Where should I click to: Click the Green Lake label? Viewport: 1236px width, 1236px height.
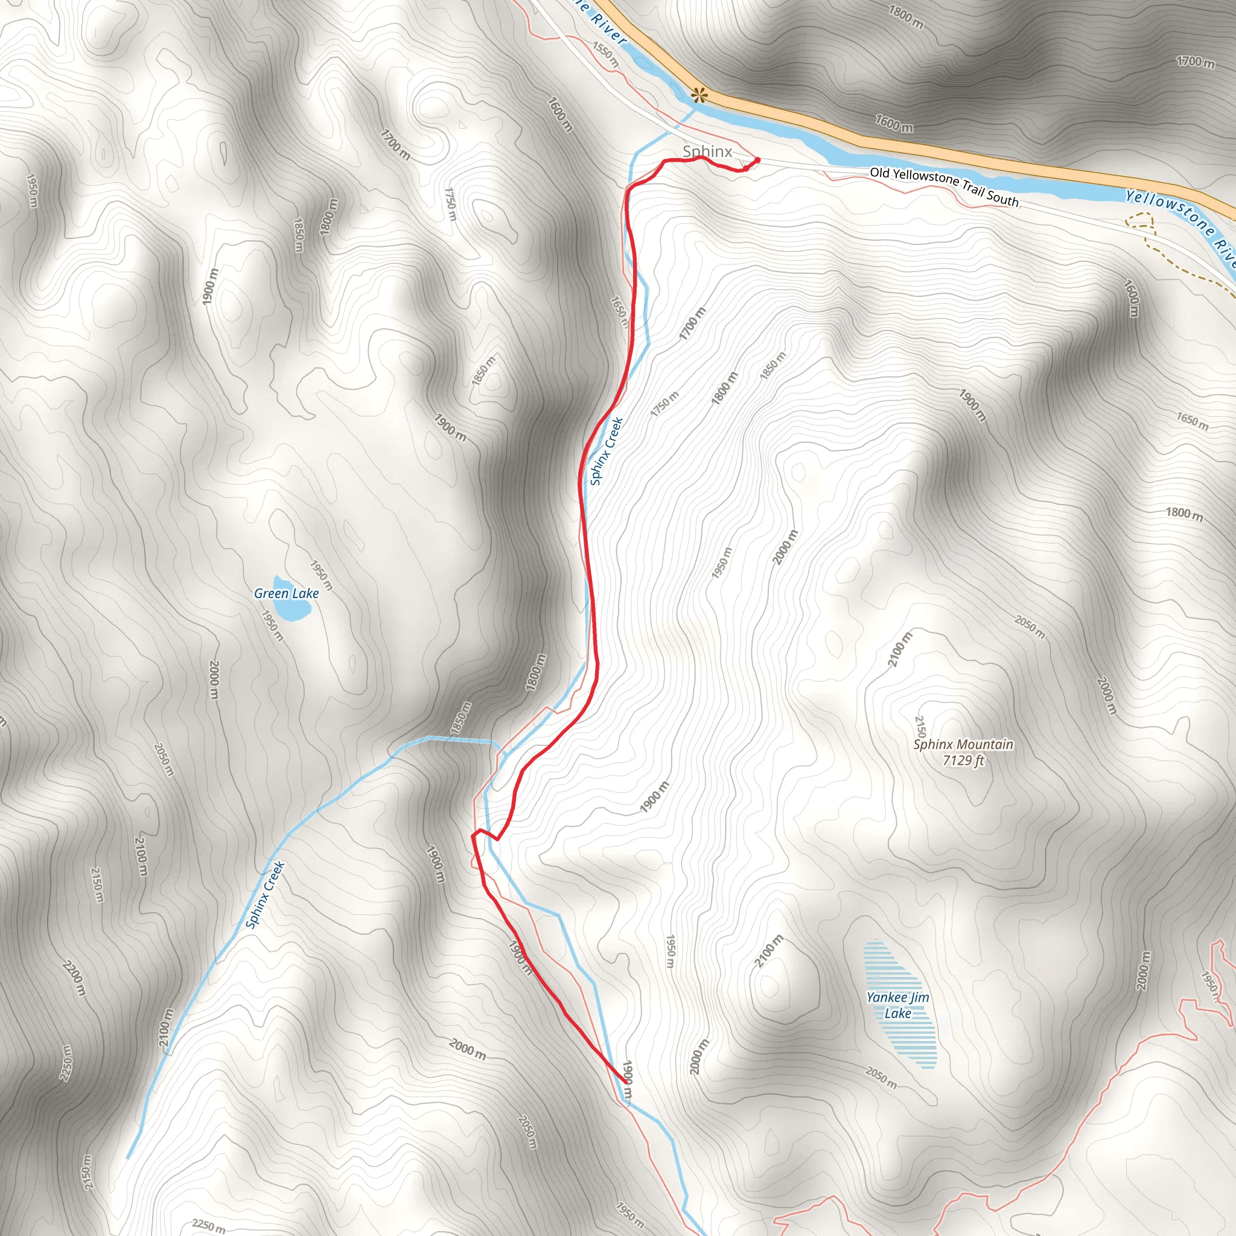pos(286,593)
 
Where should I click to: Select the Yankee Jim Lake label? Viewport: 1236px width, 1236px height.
pos(897,1005)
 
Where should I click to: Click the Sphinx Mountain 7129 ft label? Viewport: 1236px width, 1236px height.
pos(963,752)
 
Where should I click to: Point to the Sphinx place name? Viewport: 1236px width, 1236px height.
pos(707,151)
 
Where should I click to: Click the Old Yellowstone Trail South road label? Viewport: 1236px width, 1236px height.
pos(944,186)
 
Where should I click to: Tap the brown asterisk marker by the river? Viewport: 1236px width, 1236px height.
pos(700,96)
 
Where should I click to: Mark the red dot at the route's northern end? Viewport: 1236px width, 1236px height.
pos(757,159)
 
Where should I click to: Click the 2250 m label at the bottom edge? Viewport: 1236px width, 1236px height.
pos(209,1226)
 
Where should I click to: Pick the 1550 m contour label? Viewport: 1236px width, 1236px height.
pos(605,54)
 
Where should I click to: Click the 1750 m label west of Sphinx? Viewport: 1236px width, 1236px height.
pos(451,203)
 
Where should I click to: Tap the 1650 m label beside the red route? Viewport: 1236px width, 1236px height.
pos(619,311)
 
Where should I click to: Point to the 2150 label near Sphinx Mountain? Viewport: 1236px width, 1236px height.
pos(920,726)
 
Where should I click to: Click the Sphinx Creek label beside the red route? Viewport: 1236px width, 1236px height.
pos(606,451)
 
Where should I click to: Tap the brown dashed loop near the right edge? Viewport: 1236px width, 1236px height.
pos(1139,221)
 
